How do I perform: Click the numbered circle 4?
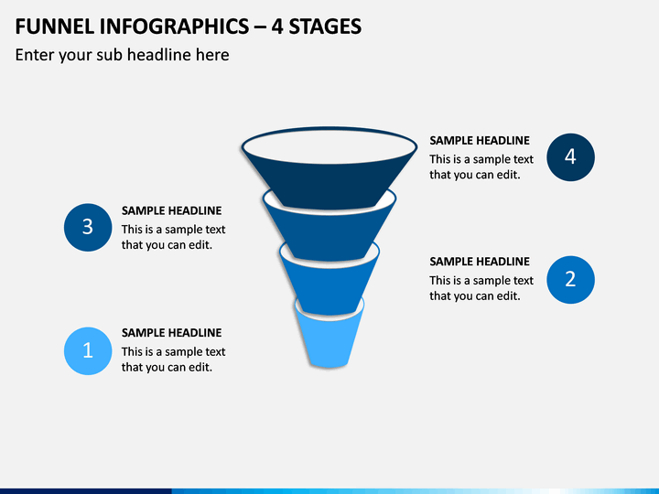tap(570, 157)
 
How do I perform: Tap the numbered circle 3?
tap(88, 227)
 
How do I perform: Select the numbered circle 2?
tap(570, 279)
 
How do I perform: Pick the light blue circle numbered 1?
tap(88, 350)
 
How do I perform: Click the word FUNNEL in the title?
tap(55, 27)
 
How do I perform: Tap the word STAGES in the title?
tap(325, 27)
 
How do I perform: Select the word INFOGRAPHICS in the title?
tap(174, 27)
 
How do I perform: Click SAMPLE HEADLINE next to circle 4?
tap(480, 140)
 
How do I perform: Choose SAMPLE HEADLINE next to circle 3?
tap(171, 210)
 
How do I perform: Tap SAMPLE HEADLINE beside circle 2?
tap(480, 262)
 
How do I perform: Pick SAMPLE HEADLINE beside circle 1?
tap(171, 333)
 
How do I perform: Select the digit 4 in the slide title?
tap(276, 27)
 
